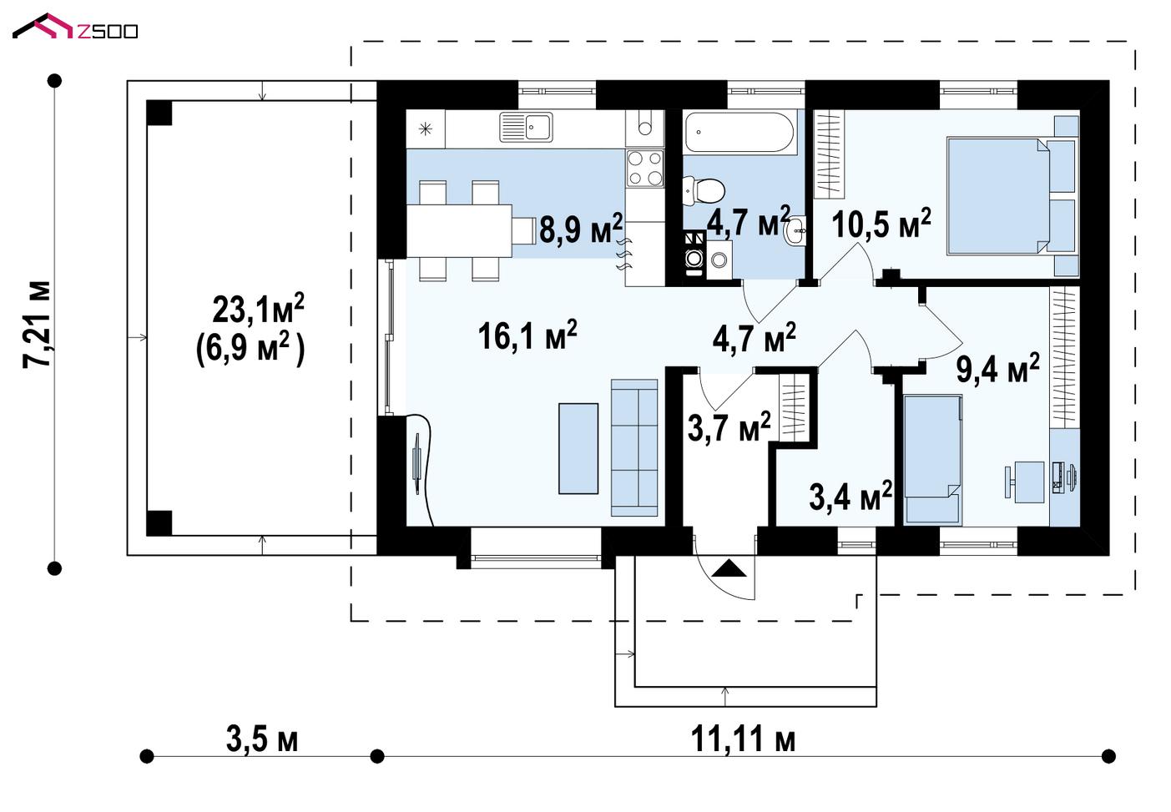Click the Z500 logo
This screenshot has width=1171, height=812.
pyautogui.click(x=75, y=27)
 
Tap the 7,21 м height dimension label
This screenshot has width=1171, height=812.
pyautogui.click(x=37, y=325)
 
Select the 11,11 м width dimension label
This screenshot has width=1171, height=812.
pyautogui.click(x=743, y=739)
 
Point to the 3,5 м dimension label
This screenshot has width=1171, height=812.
pyautogui.click(x=262, y=739)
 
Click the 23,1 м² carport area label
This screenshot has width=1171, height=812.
pyautogui.click(x=258, y=309)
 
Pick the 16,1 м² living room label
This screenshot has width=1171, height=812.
pyautogui.click(x=527, y=335)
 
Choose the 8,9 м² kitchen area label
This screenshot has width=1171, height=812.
pyautogui.click(x=581, y=229)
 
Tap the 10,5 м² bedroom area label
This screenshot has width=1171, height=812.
pyautogui.click(x=881, y=224)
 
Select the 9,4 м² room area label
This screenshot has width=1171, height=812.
pyautogui.click(x=997, y=368)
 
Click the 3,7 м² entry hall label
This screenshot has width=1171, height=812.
pyautogui.click(x=729, y=427)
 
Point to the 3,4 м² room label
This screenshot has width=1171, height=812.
pyautogui.click(x=850, y=497)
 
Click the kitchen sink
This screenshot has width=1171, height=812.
pyautogui.click(x=526, y=128)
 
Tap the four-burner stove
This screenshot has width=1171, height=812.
pyautogui.click(x=645, y=169)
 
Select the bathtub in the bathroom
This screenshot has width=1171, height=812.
pyautogui.click(x=739, y=133)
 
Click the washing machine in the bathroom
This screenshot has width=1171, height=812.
pyautogui.click(x=719, y=260)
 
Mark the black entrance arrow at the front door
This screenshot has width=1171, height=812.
pyautogui.click(x=729, y=569)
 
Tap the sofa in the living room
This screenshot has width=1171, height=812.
pyautogui.click(x=634, y=448)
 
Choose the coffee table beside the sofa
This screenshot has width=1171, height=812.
pyautogui.click(x=578, y=449)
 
